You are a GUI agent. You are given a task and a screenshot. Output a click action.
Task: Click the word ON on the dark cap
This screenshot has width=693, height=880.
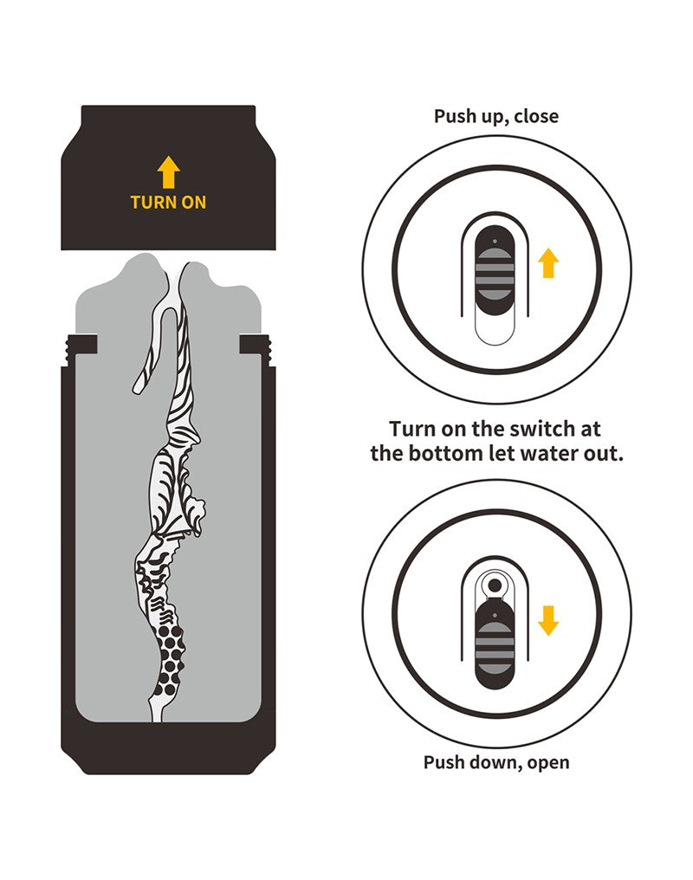click(x=193, y=202)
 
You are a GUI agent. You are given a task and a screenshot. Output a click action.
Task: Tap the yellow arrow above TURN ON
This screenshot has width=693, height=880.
click(x=168, y=171)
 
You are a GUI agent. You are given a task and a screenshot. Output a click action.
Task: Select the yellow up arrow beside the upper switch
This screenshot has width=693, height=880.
click(x=548, y=264)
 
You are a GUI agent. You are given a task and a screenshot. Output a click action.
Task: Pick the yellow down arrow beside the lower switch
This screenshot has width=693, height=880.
click(x=548, y=620)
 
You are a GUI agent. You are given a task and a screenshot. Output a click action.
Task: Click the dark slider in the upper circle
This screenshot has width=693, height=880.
click(x=495, y=270)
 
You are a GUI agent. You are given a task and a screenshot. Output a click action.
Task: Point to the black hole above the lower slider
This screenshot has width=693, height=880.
click(x=495, y=586)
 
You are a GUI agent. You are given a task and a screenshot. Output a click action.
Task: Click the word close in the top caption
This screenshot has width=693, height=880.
click(x=536, y=116)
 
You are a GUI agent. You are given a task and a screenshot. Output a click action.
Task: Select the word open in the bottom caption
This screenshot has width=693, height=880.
click(x=548, y=763)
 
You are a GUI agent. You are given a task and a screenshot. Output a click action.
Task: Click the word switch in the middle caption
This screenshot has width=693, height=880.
click(x=540, y=429)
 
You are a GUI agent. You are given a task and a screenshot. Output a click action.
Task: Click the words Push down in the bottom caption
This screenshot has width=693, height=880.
click(x=470, y=762)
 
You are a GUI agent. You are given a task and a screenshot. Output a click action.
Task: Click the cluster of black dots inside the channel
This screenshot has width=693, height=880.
click(x=170, y=659)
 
